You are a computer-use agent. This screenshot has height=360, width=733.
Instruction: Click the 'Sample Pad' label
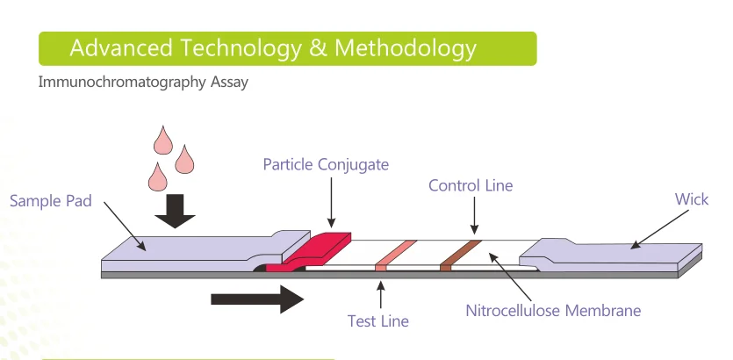click(50, 201)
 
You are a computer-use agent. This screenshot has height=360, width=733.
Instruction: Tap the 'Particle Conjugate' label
click(325, 164)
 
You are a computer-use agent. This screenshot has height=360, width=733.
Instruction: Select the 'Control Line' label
click(470, 185)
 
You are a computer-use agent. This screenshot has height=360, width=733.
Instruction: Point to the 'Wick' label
click(691, 199)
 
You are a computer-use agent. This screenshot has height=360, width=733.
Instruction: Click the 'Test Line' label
click(377, 320)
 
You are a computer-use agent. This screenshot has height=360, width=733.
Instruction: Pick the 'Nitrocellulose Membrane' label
click(552, 310)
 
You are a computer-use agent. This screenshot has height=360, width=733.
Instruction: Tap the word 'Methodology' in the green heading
click(405, 47)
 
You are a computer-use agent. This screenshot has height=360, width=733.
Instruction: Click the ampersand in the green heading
click(317, 47)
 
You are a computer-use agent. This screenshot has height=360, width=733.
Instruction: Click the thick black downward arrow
click(180, 210)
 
